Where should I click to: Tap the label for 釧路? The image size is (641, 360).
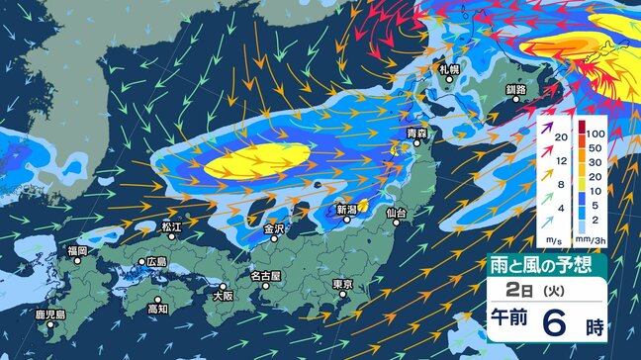coord(514,89)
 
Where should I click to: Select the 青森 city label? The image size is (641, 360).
coord(417,132)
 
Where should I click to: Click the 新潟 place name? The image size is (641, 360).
coord(345,210)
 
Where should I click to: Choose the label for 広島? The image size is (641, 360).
coord(154,262)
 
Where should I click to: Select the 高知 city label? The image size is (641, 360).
coord(157,309)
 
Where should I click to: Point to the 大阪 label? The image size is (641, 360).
coord(222,295)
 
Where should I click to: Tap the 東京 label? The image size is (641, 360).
coord(342,285)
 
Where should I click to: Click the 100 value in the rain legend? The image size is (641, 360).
coord(597,132)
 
